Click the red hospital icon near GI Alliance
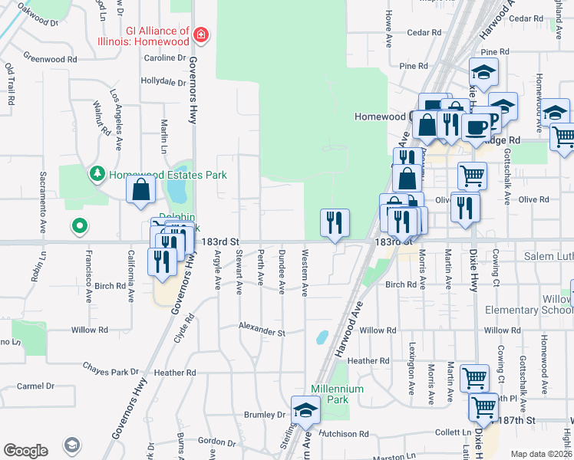200,34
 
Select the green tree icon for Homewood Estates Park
97,175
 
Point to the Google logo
25,450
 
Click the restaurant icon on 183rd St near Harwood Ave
335,223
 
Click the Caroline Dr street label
165,58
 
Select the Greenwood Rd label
51,58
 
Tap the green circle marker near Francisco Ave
78,226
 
